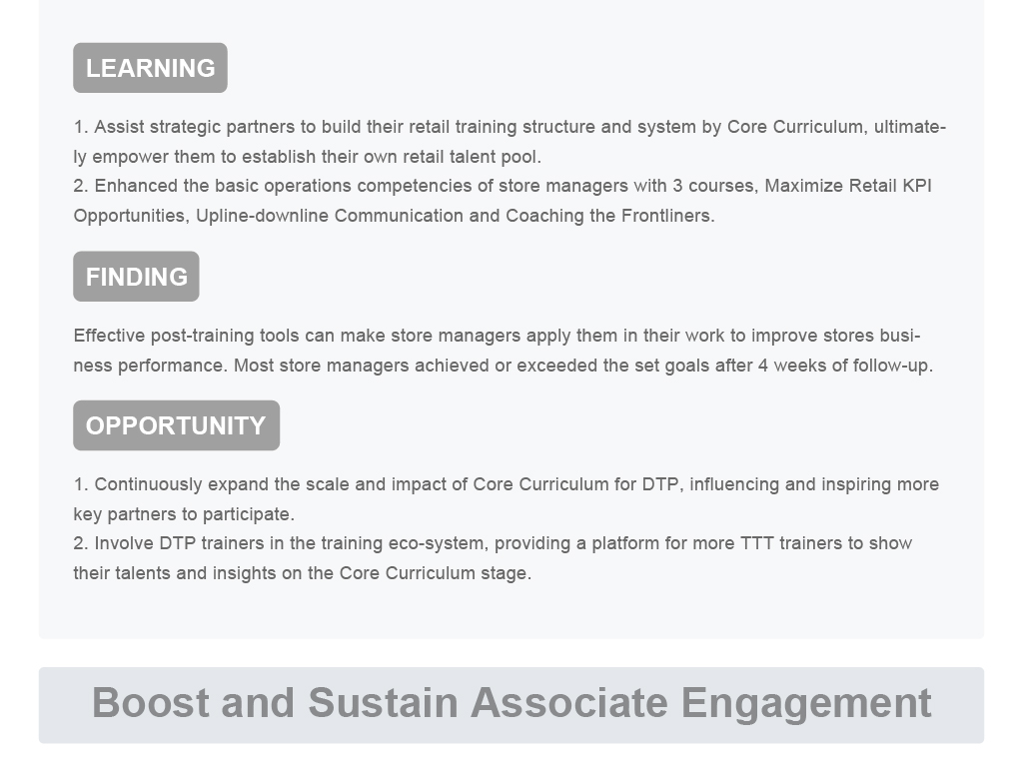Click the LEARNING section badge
point(150,68)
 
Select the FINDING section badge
point(136,277)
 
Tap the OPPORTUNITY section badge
point(176,425)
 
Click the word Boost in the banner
point(150,702)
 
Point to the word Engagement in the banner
point(806,703)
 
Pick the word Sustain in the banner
point(383,702)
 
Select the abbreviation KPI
point(917,186)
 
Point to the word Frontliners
point(667,215)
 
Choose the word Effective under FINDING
point(109,336)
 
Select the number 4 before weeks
point(762,366)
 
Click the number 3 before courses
point(677,186)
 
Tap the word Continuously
point(148,484)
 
